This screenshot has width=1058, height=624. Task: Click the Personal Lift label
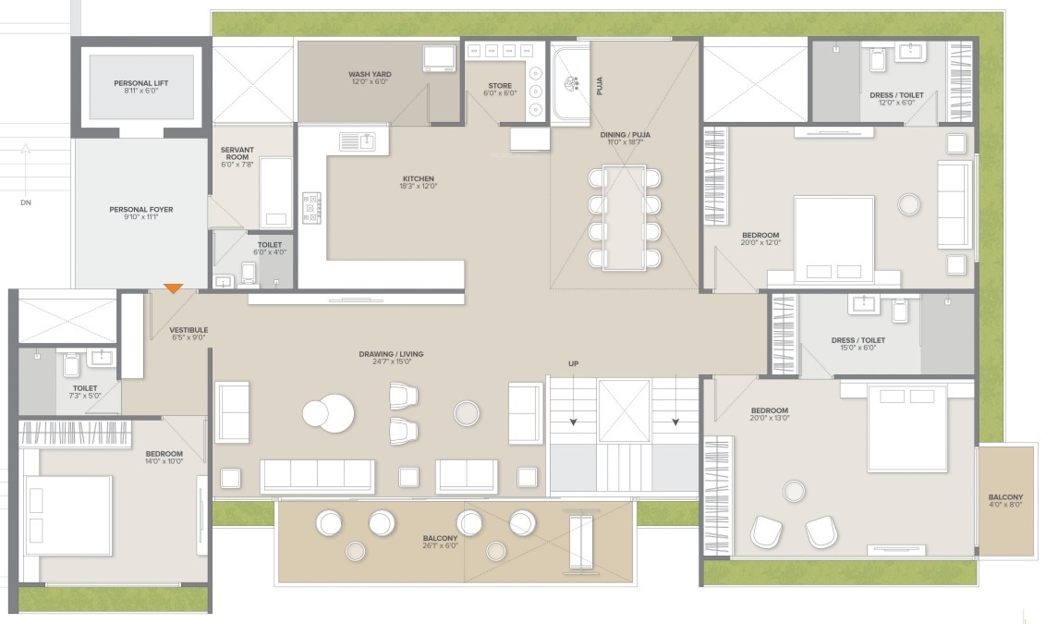(141, 83)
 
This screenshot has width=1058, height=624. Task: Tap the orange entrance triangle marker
(174, 289)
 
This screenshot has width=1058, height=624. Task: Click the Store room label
(500, 87)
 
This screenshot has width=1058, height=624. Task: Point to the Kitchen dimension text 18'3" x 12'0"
(418, 186)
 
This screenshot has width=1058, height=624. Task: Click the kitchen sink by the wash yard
(357, 141)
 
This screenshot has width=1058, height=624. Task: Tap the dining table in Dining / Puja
(625, 217)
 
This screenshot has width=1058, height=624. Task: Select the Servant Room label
(236, 153)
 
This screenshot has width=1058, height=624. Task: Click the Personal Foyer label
(141, 210)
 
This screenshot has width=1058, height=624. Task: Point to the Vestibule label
(188, 330)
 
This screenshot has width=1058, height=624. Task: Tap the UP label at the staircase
(573, 364)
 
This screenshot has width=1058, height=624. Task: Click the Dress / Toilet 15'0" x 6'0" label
(857, 340)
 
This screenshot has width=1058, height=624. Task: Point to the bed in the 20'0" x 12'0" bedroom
(833, 239)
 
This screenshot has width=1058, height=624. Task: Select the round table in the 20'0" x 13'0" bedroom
(793, 490)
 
